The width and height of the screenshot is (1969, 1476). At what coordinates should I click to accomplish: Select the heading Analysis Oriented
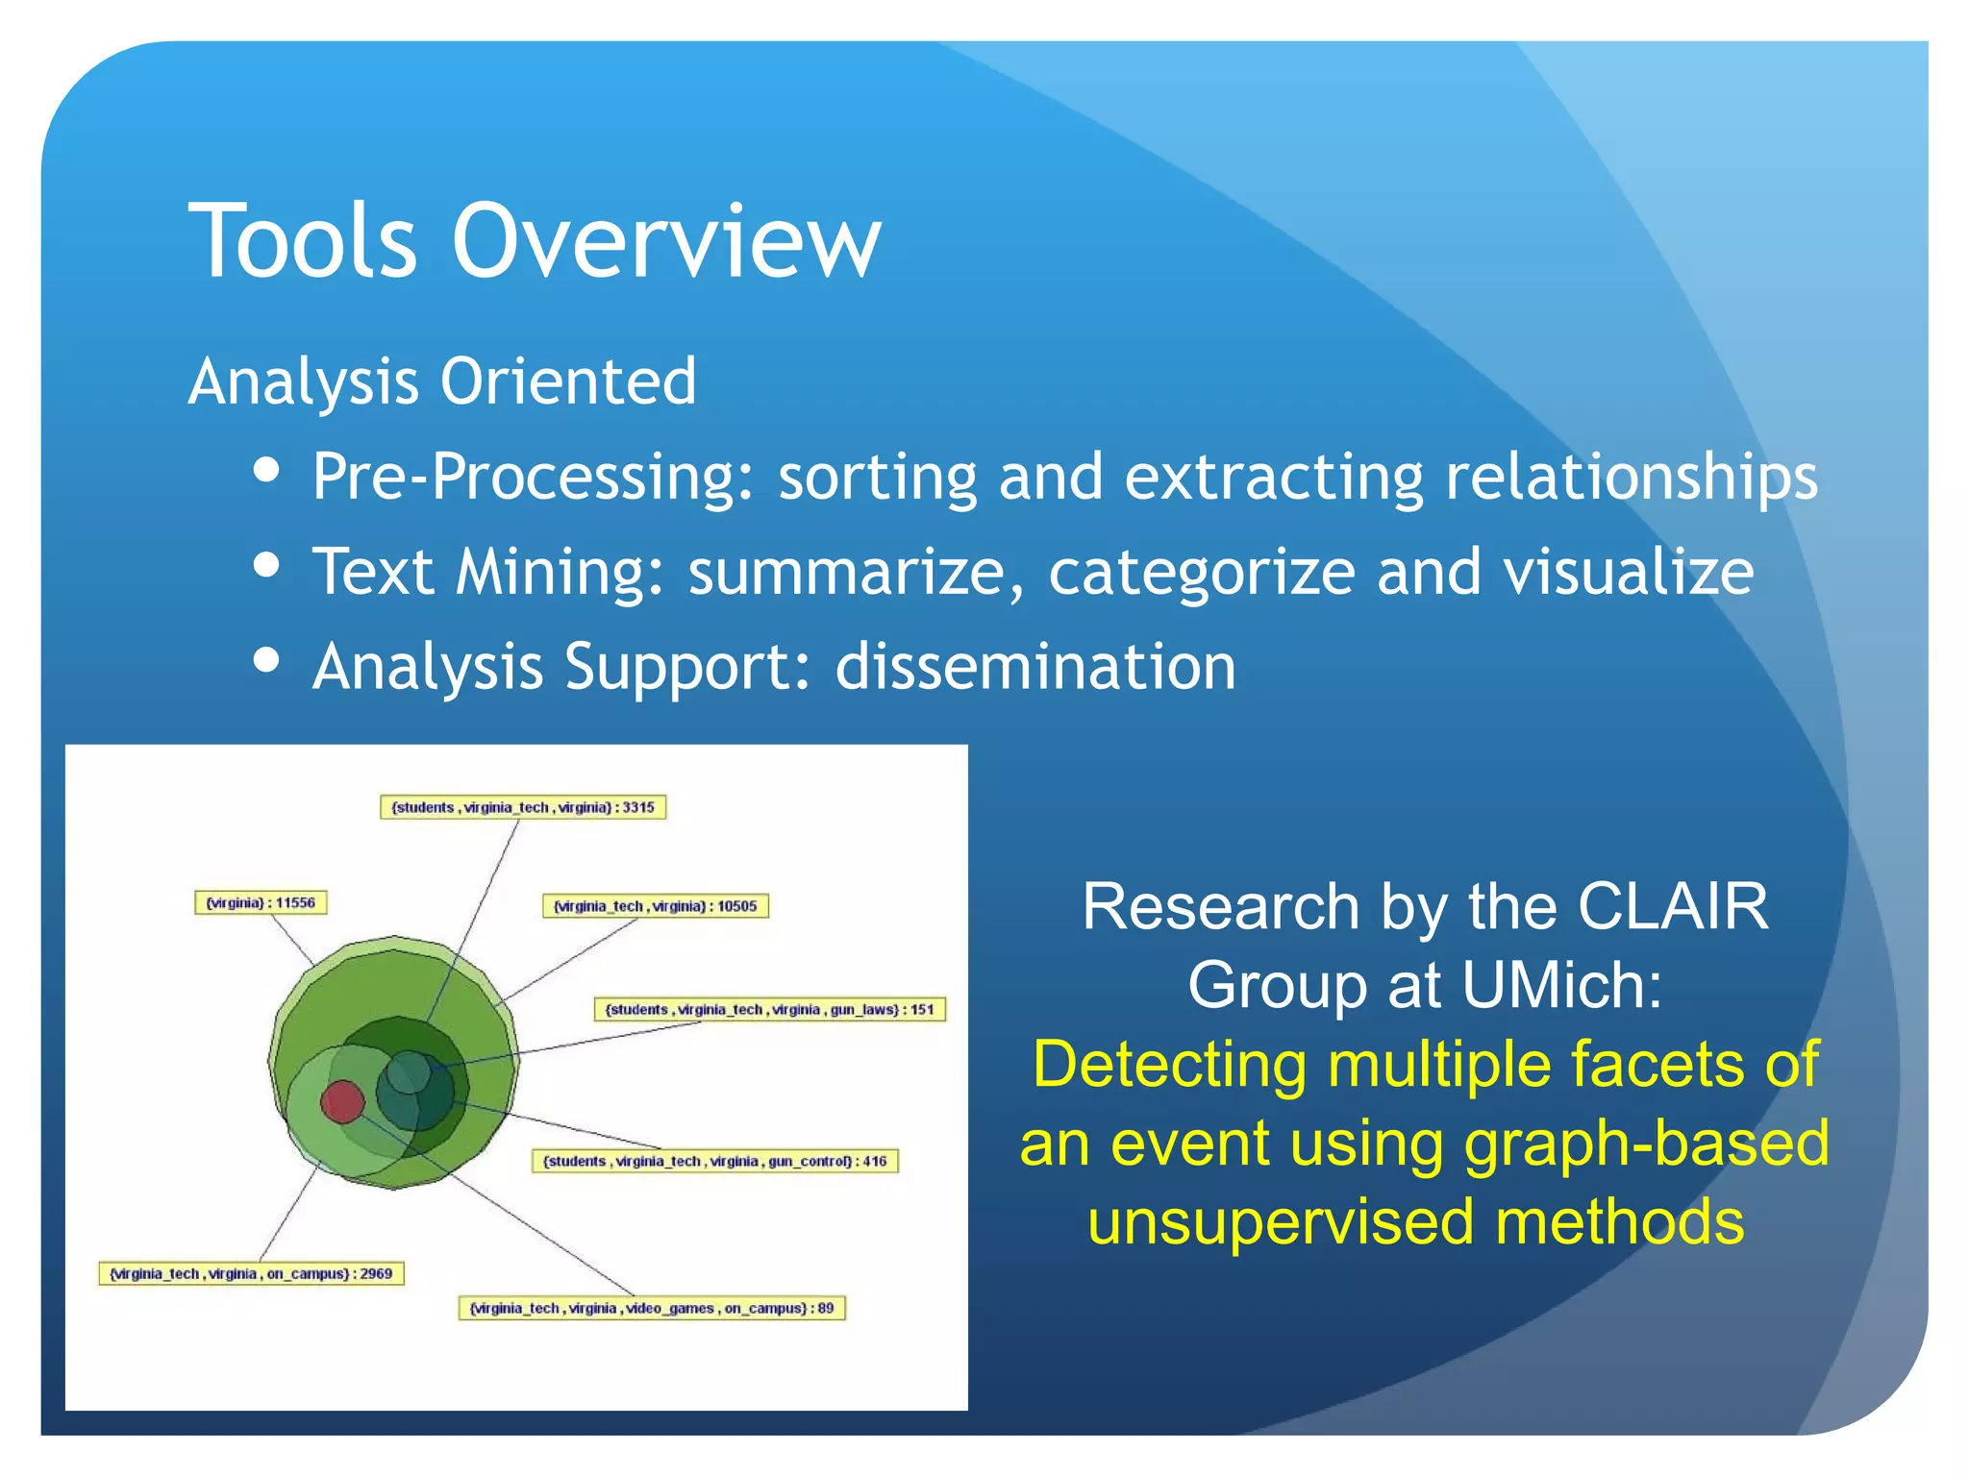[442, 381]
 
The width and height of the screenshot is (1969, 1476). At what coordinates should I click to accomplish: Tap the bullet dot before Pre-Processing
[266, 470]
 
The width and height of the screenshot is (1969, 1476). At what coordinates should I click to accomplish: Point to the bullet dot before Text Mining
[266, 565]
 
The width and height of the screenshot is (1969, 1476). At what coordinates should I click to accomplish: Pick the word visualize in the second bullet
[1629, 573]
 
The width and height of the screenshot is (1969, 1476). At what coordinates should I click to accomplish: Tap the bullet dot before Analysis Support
[266, 660]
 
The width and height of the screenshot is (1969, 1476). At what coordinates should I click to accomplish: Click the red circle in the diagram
[341, 1101]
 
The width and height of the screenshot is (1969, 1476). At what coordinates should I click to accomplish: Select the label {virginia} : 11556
[261, 903]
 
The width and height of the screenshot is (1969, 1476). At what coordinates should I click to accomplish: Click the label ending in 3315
[523, 807]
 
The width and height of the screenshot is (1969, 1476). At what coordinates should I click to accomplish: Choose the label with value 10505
[656, 906]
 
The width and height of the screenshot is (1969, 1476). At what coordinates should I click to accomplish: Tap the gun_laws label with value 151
[770, 1010]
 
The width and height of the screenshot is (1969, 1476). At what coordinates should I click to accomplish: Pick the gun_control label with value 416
[714, 1161]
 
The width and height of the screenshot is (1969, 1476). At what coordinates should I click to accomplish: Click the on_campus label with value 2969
[251, 1274]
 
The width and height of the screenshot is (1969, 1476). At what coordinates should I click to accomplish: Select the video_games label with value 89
[652, 1309]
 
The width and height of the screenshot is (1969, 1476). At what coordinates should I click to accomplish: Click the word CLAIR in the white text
[1673, 906]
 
